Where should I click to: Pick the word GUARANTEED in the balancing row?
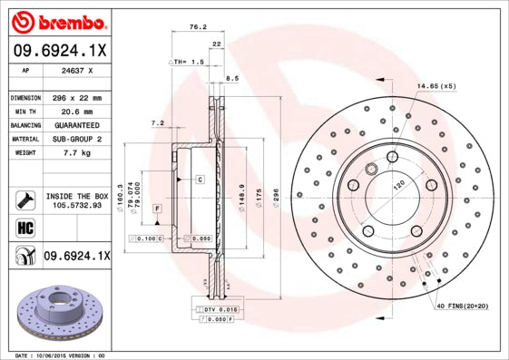tap(76, 125)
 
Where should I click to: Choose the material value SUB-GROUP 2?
tap(76, 139)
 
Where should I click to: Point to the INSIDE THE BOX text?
tap(76, 195)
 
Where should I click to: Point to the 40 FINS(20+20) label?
tap(462, 307)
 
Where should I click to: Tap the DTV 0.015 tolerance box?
tap(219, 310)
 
